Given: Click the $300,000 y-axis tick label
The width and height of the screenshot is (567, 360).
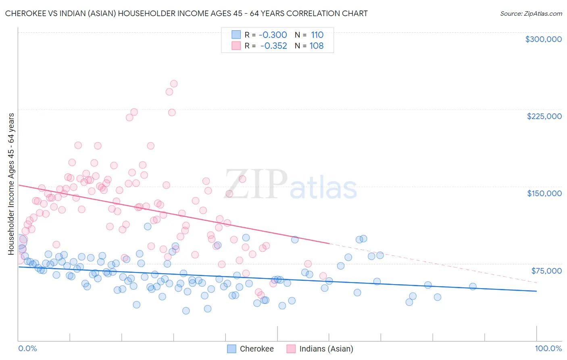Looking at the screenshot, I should (543, 39).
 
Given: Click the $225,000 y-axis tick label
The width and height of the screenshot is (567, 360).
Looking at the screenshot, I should (544, 116).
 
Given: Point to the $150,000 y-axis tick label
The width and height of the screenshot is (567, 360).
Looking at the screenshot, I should (544, 193).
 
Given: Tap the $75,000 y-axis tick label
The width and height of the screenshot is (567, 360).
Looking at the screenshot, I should (546, 271).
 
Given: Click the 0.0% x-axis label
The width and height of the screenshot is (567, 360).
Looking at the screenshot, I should (27, 349).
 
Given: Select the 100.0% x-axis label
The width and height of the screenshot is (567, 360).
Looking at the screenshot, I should (548, 349).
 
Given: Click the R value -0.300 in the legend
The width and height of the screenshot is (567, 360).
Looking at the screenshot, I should (273, 35).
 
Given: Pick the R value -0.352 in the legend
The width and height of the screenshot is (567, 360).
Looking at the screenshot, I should (273, 46).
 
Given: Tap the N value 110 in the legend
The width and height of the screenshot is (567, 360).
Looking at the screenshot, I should (317, 35).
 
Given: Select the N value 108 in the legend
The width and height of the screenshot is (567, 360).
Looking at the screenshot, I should (317, 46).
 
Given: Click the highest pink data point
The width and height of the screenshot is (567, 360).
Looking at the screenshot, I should (174, 84).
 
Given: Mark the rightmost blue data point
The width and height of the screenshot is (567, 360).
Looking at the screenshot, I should (473, 287).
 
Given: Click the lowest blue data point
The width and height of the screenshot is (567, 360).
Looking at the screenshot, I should (186, 311).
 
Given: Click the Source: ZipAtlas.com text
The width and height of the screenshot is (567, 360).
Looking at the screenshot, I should (531, 14).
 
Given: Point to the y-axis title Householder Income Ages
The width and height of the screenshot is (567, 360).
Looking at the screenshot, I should (11, 184).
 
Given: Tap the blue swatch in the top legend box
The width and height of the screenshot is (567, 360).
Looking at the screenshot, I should (236, 35).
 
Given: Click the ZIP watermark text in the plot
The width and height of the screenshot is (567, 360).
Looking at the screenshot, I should (256, 184).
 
